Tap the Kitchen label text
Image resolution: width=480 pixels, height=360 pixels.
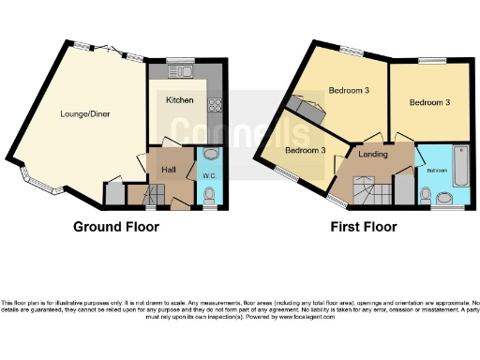click(x=180, y=99)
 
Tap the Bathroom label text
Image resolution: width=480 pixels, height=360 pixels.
click(x=438, y=171)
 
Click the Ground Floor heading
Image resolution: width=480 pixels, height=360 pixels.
click(x=116, y=227)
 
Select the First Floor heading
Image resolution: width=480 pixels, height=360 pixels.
click(x=363, y=227)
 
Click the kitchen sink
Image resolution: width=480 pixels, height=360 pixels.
click(x=179, y=71)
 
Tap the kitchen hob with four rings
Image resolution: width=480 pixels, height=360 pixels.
click(x=214, y=105)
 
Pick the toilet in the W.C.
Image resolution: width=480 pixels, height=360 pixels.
click(x=209, y=194)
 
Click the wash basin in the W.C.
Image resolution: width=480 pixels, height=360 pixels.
click(x=210, y=155)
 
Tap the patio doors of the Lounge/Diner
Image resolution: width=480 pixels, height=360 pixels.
click(x=104, y=49)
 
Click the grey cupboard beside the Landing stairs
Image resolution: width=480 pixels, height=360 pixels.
click(x=402, y=187)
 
